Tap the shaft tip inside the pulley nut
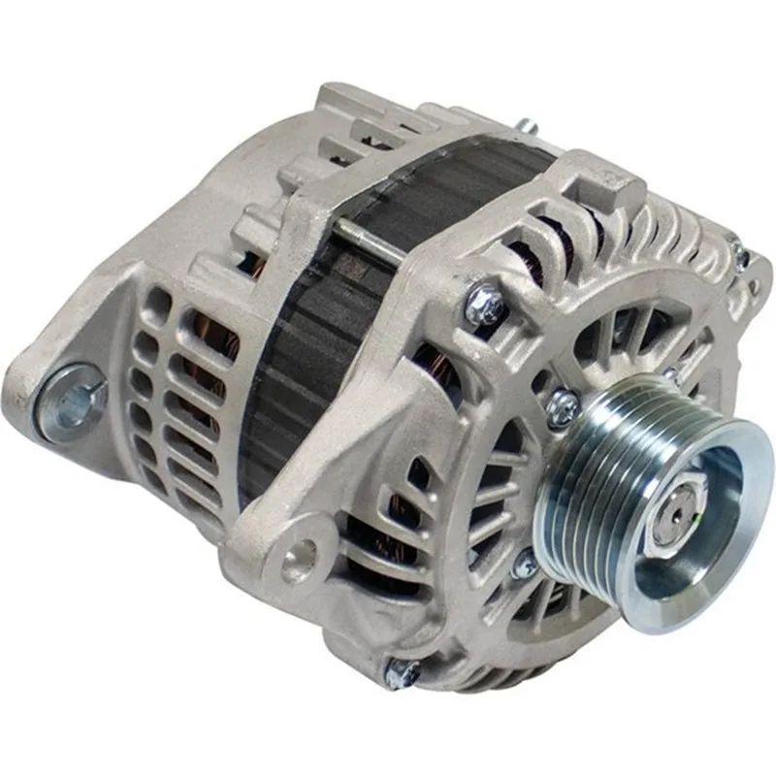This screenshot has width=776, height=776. [x=674, y=511]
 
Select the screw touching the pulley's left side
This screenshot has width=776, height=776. [x=563, y=408]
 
